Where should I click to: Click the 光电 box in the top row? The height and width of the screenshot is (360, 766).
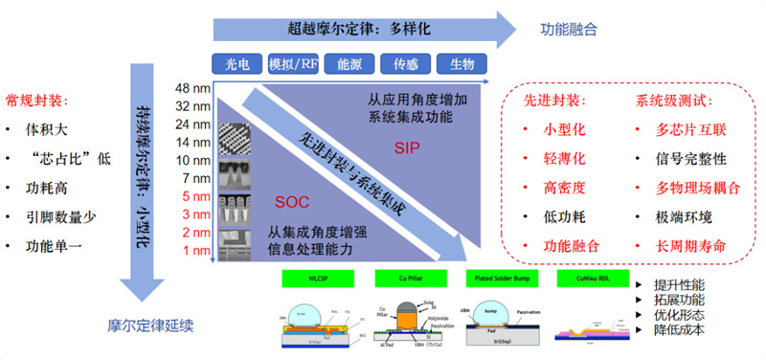[238, 65]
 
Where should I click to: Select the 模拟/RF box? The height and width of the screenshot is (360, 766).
[293, 65]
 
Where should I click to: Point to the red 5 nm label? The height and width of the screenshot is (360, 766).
[195, 196]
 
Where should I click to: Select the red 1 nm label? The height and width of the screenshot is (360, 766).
[195, 250]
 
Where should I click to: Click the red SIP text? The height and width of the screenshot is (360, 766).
[406, 148]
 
